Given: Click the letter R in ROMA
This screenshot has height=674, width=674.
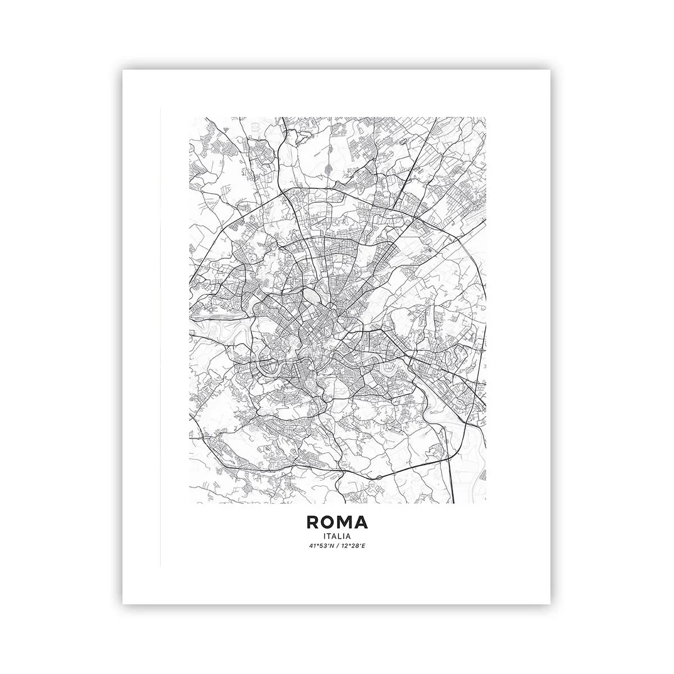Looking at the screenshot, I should pyautogui.click(x=313, y=522).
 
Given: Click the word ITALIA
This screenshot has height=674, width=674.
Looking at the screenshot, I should pyautogui.click(x=337, y=535).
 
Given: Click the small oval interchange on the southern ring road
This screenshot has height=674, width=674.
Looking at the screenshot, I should pyautogui.click(x=380, y=477).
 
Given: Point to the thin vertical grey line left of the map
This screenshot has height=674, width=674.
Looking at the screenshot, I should pyautogui.click(x=160, y=337).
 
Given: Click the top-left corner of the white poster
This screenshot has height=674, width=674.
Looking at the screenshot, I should pyautogui.click(x=123, y=71).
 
